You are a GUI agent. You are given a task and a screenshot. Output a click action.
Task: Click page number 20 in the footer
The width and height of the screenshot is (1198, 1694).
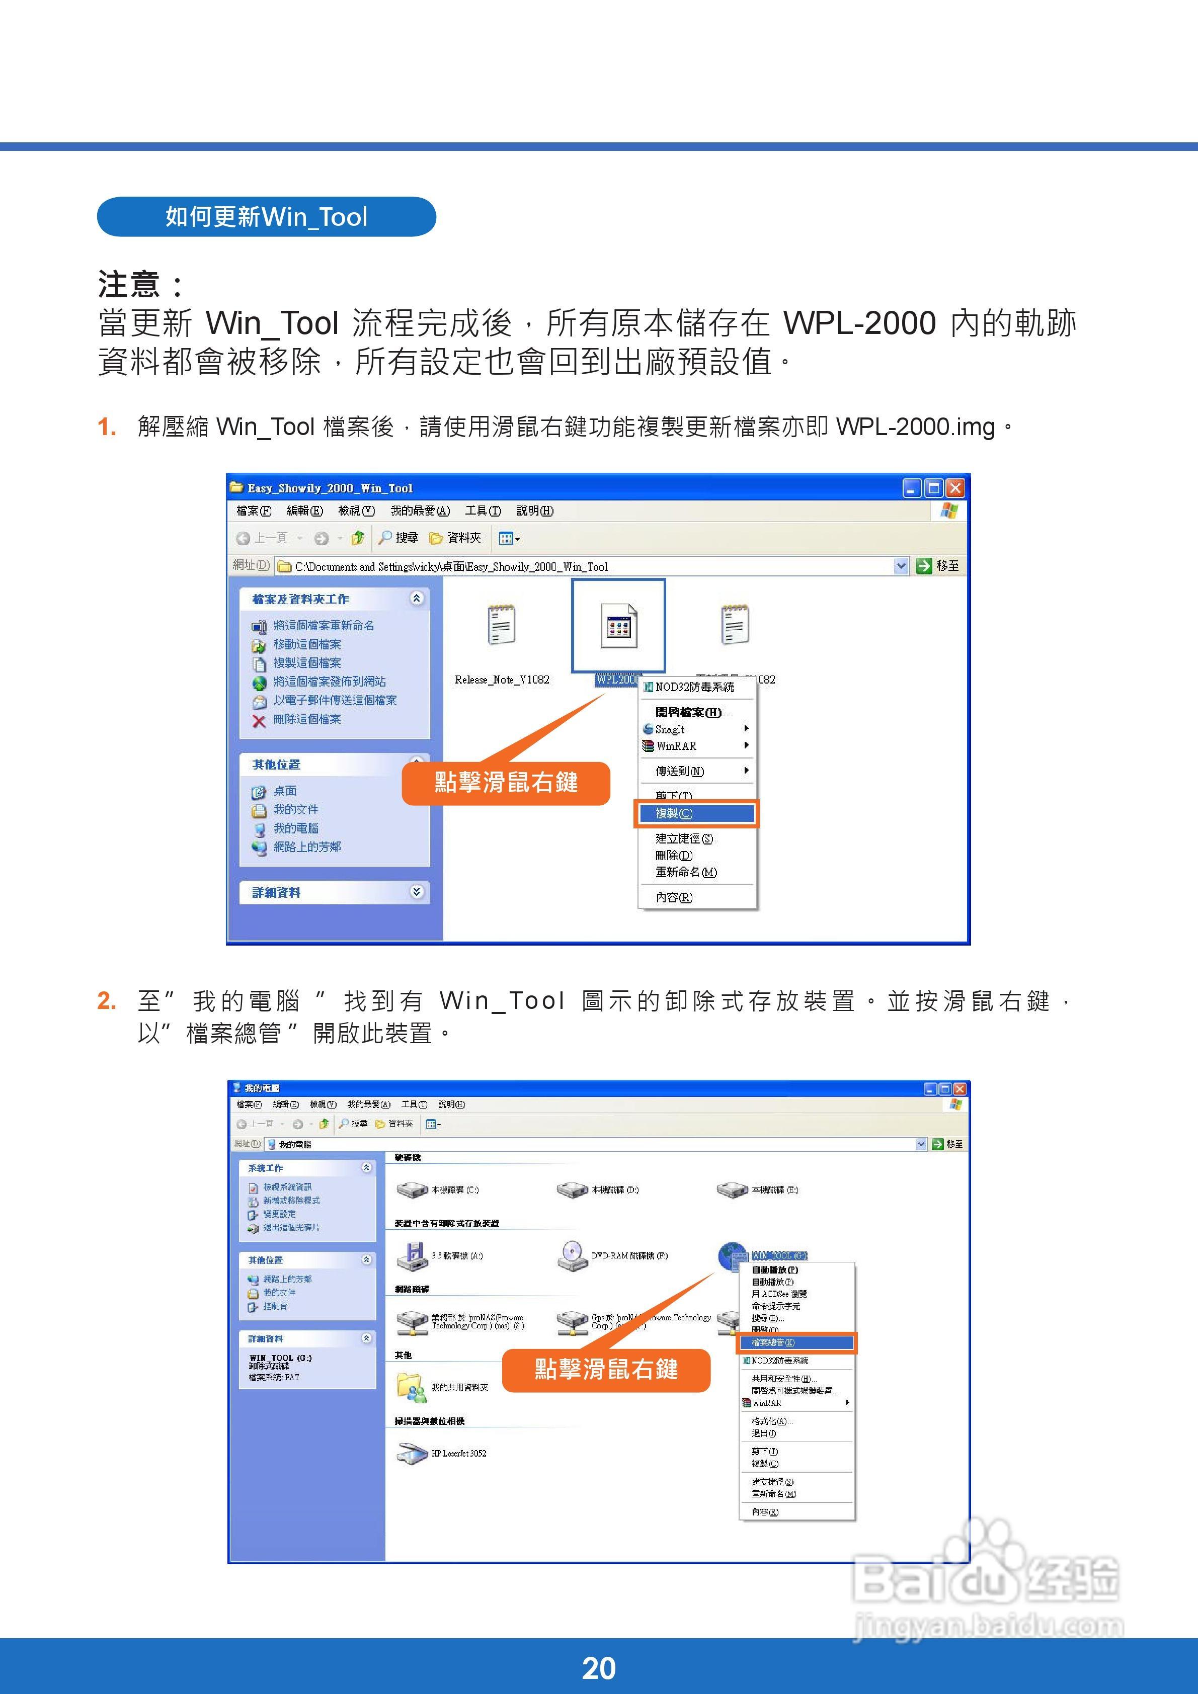point(599,1668)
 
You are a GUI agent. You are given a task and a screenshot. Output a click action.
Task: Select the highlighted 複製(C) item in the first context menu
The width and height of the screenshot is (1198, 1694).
point(695,814)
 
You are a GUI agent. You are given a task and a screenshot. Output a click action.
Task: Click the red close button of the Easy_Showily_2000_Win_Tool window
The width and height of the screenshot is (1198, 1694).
point(955,488)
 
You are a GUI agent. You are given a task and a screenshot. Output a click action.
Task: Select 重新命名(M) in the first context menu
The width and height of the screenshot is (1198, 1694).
point(686,872)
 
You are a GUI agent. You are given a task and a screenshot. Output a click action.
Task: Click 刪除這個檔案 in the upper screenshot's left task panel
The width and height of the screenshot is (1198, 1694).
point(307,719)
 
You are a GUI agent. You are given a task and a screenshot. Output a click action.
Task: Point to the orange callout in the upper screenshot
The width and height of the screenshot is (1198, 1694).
point(506,783)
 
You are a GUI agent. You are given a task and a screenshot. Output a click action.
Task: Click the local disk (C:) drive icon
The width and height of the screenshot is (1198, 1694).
point(412,1190)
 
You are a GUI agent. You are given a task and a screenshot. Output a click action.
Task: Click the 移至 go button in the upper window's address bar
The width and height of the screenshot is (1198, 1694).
point(938,566)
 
